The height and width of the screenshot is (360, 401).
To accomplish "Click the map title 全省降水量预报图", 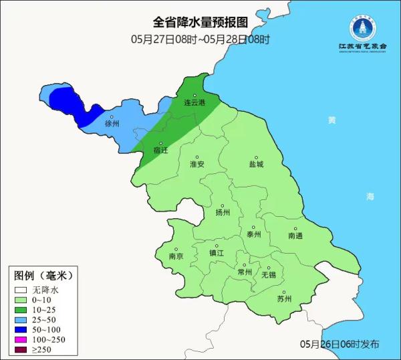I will point(200,24).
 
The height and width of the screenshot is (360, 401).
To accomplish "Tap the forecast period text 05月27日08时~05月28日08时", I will point(200,39).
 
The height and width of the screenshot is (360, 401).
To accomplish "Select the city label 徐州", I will point(112,124).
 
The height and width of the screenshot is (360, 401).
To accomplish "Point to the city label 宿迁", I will point(160,151).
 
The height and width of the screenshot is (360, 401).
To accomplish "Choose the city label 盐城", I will point(256,164).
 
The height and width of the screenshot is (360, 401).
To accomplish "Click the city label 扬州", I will point(223,213).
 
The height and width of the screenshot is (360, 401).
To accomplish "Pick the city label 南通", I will point(295,236).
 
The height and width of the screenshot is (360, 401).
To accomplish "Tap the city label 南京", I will point(176,256).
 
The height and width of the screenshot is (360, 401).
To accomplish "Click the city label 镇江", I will point(217,253).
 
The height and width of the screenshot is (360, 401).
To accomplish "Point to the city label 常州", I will point(245,272).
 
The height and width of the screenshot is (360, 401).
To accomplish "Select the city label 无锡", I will point(268,274).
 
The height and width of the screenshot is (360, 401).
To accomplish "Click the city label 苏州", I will point(284,299).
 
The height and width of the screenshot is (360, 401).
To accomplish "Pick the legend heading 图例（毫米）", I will point(42,275).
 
